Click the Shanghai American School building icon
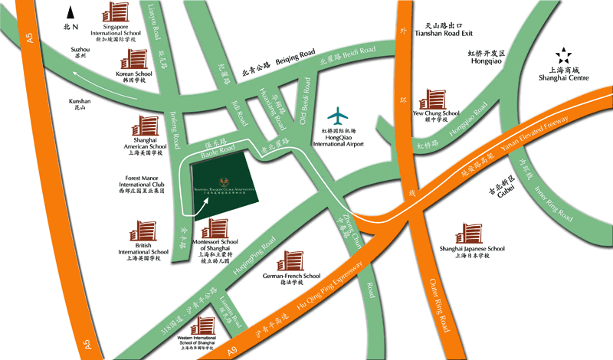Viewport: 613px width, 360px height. [146, 127]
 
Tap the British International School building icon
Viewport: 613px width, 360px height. [146, 232]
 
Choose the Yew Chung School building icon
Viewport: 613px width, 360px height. [432, 99]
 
